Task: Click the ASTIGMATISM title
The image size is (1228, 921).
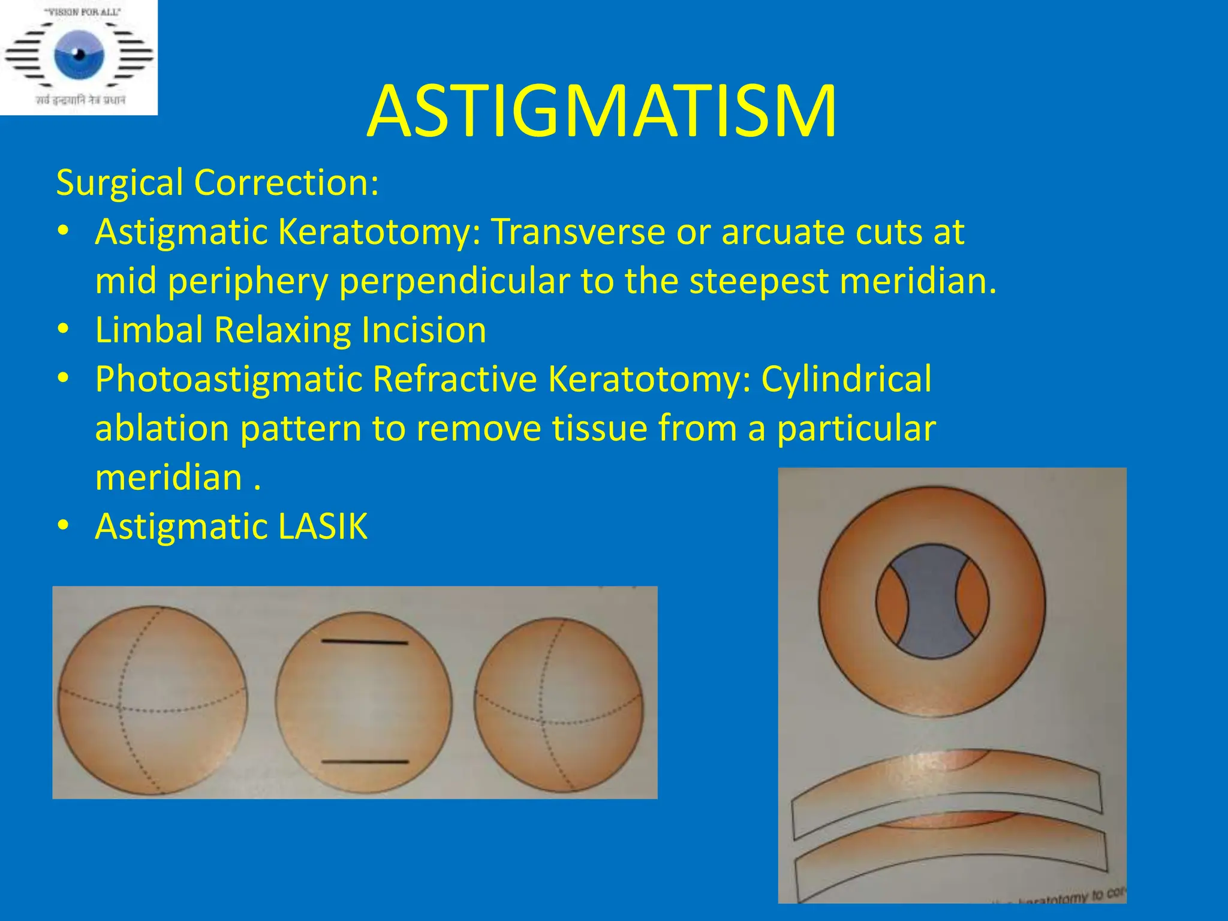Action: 601,112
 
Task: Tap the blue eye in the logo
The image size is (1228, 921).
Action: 79,56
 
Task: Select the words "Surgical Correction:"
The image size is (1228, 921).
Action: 217,182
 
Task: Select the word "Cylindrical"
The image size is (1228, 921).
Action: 846,379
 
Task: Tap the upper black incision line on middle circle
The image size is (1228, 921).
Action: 365,642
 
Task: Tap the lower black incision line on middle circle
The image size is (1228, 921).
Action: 365,762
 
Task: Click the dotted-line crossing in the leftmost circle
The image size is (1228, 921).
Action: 119,709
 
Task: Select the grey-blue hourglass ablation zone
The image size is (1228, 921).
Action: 931,601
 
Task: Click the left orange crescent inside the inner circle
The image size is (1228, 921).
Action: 892,602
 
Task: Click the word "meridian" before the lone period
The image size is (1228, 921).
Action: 168,478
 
